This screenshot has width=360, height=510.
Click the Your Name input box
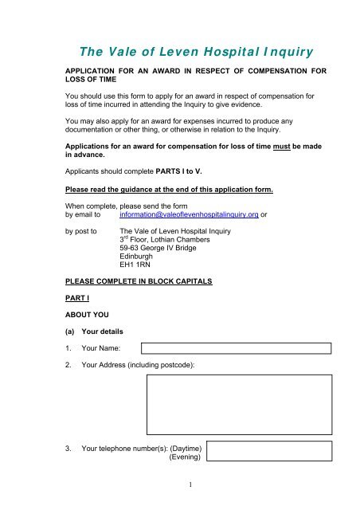point(237,348)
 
